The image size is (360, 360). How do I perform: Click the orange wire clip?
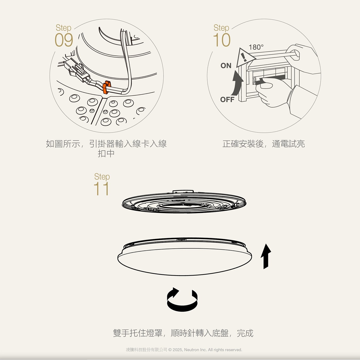106,87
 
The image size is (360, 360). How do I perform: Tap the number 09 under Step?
64,40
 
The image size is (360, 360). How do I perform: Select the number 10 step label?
222,40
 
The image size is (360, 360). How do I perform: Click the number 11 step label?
101,189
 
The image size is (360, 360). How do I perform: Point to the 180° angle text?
256,47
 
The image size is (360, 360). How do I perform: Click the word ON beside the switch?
226,66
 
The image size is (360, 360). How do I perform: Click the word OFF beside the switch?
227,100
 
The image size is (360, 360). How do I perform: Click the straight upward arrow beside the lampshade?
266,256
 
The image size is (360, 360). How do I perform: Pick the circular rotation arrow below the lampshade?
182,299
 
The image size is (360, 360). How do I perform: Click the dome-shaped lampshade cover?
184,260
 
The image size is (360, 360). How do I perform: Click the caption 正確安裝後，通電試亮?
264,144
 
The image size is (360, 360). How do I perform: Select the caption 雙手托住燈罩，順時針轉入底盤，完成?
183,333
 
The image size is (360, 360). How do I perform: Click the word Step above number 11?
102,177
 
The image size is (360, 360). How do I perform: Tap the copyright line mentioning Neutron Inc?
184,350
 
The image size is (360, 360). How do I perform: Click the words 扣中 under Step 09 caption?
106,154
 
